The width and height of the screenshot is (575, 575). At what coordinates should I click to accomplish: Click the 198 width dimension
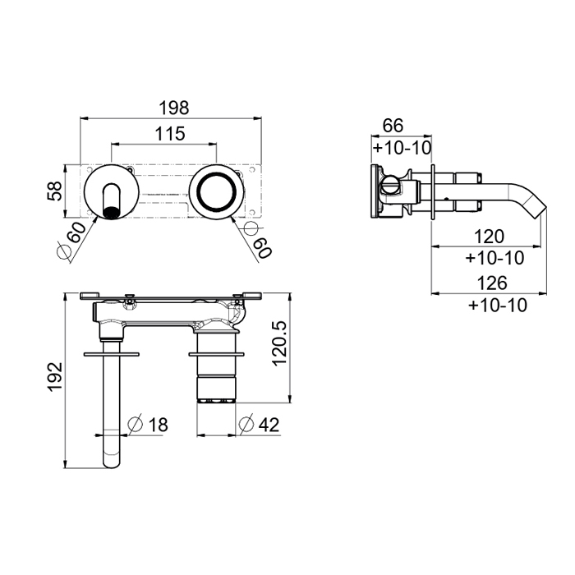click(174, 108)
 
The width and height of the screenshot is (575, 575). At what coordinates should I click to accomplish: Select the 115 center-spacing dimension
click(170, 134)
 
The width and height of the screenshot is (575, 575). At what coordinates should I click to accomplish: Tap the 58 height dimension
click(55, 191)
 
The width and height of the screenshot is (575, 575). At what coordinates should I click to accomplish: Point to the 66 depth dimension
click(393, 126)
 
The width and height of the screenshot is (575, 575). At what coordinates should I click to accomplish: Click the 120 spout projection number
click(490, 237)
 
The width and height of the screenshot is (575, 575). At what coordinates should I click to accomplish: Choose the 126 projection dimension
click(492, 283)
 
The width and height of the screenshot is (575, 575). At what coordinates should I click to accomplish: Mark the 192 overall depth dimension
click(55, 377)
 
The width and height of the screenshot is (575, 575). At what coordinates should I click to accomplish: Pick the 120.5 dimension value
click(279, 343)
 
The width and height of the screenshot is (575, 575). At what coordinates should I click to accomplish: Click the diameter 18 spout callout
click(148, 425)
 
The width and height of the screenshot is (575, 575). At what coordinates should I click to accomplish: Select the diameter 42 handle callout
click(259, 425)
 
